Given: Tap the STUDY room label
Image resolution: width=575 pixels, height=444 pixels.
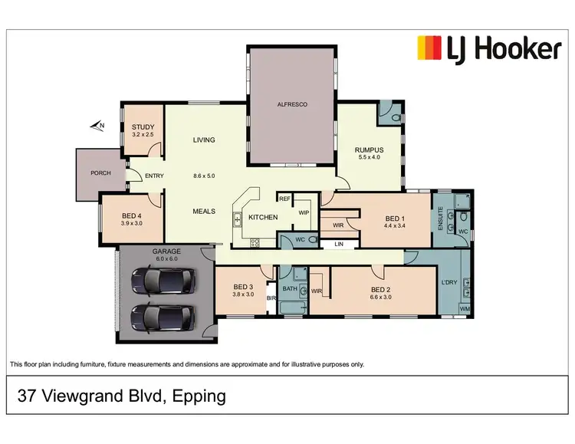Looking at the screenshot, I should point(143,127).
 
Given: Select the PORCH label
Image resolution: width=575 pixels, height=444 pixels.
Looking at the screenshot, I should point(100,173).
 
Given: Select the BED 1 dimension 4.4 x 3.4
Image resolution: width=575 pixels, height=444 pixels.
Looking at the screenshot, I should point(396,226).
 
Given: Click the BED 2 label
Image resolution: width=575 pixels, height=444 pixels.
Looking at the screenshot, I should point(381,289).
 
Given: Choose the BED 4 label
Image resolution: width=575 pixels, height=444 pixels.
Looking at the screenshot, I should point(132,218).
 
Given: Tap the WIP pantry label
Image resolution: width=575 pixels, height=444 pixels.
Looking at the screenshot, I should point(304,212).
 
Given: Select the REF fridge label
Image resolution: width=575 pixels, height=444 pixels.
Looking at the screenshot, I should point(284,199).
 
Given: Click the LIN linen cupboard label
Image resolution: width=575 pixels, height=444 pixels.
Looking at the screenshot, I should point(338,245).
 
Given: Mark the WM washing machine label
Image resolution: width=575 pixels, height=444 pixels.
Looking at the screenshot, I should point(465,309).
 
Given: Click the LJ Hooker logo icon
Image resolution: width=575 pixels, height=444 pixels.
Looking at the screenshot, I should point(429,48).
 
